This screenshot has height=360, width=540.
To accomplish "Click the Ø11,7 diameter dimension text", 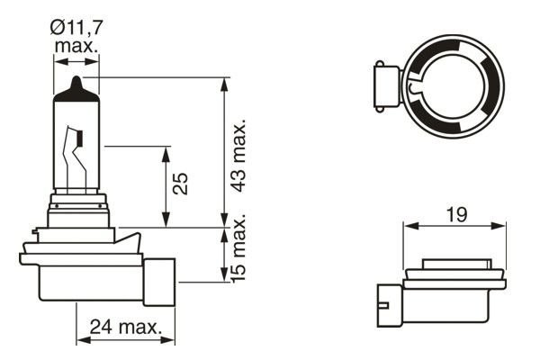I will (76, 28).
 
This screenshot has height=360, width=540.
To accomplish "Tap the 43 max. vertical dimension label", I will (239, 153).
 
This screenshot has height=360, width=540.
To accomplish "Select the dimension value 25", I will (180, 184).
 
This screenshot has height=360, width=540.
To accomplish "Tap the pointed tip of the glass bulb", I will (76, 80).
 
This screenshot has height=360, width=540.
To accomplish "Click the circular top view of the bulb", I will (450, 82).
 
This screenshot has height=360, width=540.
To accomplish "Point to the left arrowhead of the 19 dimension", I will (408, 226).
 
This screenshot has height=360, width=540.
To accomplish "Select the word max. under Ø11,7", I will (76, 45).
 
